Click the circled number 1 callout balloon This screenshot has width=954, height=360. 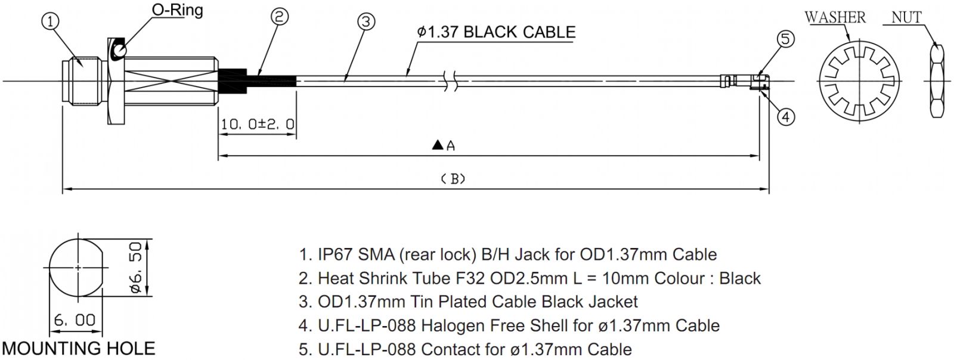click(x=50, y=21)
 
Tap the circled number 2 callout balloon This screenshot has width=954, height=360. click(x=280, y=17)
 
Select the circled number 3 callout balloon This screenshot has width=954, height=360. click(x=366, y=21)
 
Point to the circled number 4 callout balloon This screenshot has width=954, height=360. click(x=786, y=117)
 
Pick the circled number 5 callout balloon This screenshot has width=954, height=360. click(x=786, y=39)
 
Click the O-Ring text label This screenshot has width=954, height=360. click(x=177, y=10)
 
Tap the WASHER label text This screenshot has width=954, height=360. click(x=835, y=17)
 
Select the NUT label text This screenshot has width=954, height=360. click(x=907, y=17)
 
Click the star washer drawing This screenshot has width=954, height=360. click(x=859, y=81)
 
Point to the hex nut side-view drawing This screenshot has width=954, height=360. click(x=937, y=81)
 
